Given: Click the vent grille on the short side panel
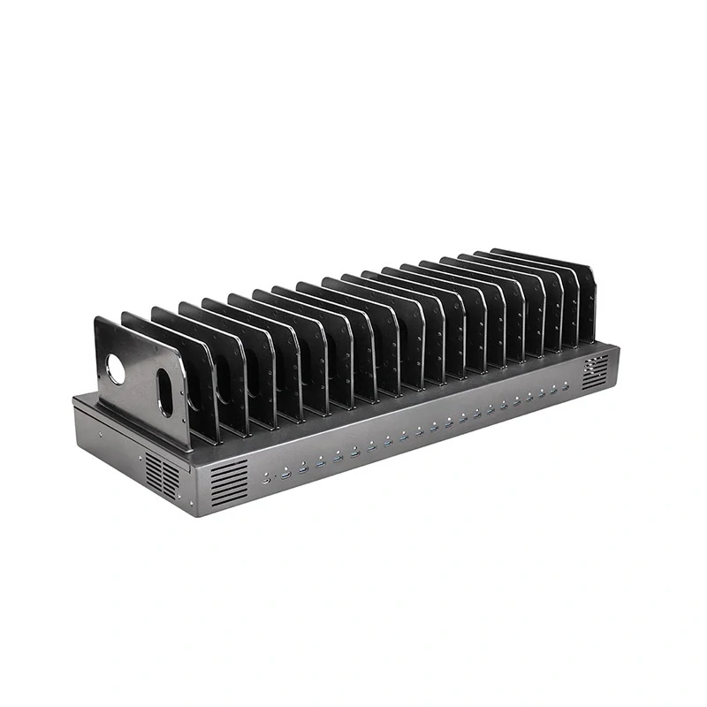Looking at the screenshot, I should [x=162, y=473].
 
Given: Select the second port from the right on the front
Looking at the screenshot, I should [x=554, y=392].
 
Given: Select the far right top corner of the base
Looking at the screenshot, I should [x=618, y=346].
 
